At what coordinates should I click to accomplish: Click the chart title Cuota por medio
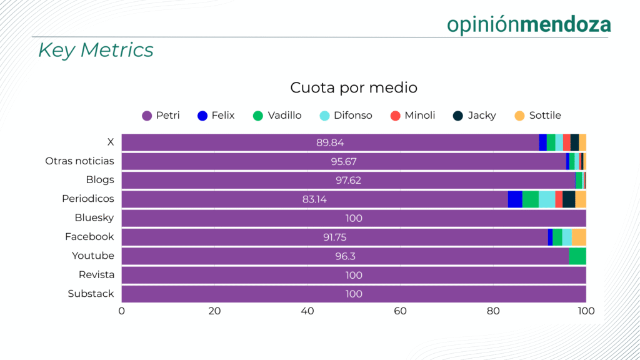354,87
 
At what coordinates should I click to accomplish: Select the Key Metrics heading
96,50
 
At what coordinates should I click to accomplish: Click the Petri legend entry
161,116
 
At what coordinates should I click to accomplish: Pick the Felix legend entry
216,116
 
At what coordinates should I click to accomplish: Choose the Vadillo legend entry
277,116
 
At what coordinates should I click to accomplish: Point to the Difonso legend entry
346,116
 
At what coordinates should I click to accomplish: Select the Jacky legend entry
474,116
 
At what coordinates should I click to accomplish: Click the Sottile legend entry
537,116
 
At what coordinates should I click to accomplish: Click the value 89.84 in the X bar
331,142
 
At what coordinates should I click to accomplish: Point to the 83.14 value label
314,199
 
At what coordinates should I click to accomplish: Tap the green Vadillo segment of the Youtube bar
577,256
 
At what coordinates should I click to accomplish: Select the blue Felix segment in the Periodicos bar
515,199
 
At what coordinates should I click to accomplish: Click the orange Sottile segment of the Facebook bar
579,237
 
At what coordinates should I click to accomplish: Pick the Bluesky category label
94,218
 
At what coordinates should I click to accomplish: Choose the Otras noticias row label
79,161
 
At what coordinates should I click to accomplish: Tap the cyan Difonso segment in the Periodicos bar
547,199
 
